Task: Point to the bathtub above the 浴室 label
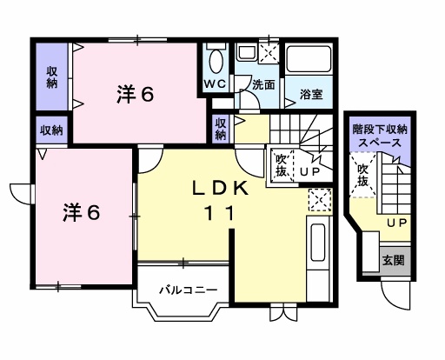(x=309, y=59)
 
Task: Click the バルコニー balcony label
(x=185, y=290)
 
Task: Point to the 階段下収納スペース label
(x=380, y=135)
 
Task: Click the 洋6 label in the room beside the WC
(x=134, y=94)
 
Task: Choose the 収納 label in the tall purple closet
(x=52, y=77)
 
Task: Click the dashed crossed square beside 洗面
(x=269, y=53)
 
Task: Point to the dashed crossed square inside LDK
(x=319, y=201)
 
